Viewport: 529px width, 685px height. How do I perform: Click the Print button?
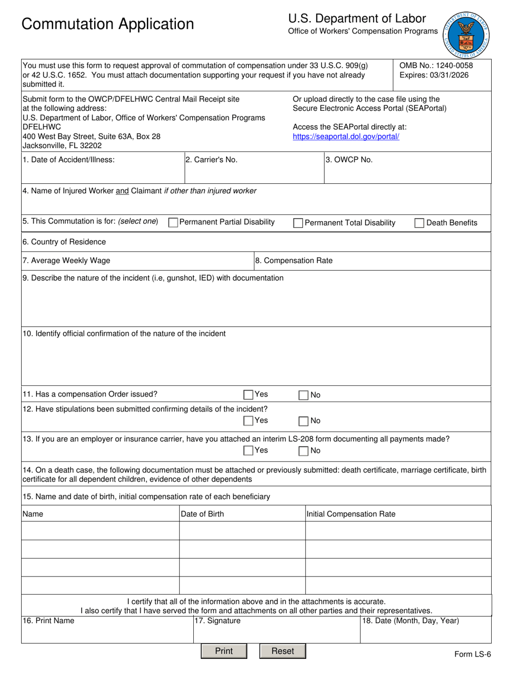[223, 651]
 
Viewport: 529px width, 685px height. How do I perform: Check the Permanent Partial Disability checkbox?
[173, 223]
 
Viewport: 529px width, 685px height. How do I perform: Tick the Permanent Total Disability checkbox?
[298, 223]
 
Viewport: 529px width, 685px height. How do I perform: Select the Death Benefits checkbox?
[419, 223]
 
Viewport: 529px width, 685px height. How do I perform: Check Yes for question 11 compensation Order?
[248, 395]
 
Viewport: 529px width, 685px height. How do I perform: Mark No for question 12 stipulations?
[303, 421]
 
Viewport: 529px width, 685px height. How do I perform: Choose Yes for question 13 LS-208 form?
[248, 451]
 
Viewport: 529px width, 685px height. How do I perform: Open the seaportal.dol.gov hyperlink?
[346, 136]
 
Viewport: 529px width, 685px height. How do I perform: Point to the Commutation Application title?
[108, 25]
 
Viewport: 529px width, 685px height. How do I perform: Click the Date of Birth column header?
[203, 514]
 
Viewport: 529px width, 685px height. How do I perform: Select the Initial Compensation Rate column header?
[351, 514]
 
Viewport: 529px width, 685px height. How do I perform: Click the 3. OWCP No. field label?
[349, 160]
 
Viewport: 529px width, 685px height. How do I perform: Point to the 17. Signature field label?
[217, 621]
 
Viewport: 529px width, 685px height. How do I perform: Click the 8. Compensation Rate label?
[293, 261]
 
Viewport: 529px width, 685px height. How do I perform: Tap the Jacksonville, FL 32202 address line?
[62, 146]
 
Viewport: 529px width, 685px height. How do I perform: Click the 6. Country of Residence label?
[64, 242]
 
